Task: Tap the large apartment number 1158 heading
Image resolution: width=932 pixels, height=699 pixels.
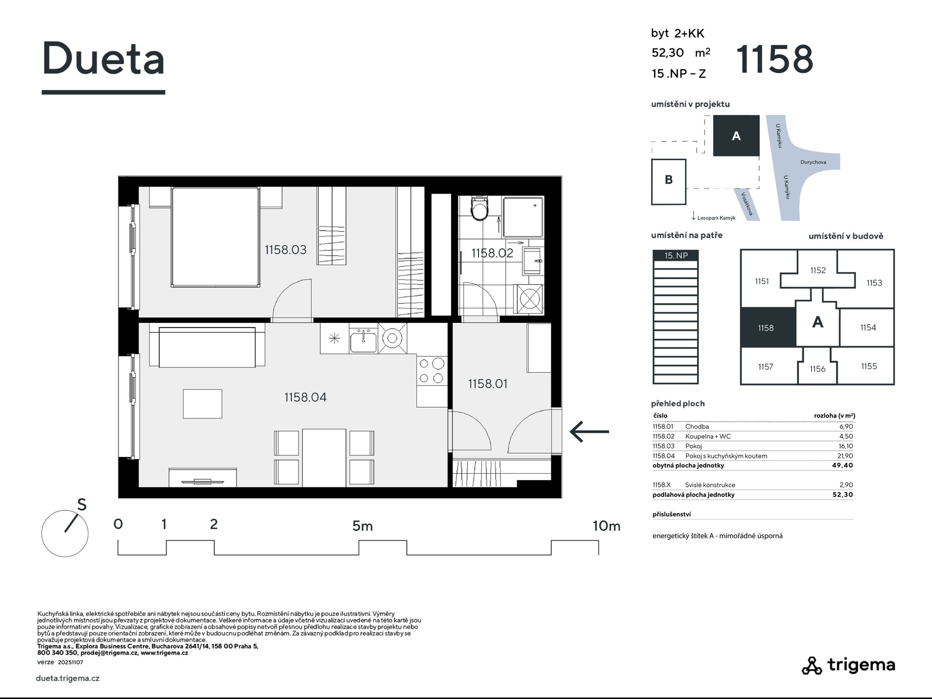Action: tap(775, 59)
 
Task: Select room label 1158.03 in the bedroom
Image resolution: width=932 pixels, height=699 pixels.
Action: tap(285, 250)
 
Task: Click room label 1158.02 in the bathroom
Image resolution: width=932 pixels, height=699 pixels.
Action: tap(492, 253)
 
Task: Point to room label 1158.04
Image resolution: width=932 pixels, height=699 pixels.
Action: tap(305, 398)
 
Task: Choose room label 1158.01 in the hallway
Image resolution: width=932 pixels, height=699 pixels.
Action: tap(487, 384)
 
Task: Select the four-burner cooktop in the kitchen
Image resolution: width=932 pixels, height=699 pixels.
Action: tap(432, 371)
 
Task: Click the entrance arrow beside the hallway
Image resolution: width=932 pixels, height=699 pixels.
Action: tap(589, 432)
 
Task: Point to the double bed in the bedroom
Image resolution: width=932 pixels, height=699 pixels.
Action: tap(215, 236)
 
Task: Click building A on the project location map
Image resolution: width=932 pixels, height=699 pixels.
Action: tap(736, 135)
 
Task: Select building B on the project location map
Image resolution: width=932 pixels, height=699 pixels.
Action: tap(668, 182)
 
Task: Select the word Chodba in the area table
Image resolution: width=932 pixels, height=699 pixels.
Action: tap(697, 427)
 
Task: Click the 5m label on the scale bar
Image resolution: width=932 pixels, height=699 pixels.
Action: tap(362, 526)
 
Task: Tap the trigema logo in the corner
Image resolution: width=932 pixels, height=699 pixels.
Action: tap(848, 665)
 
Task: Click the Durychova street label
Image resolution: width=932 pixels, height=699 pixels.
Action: tap(813, 162)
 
